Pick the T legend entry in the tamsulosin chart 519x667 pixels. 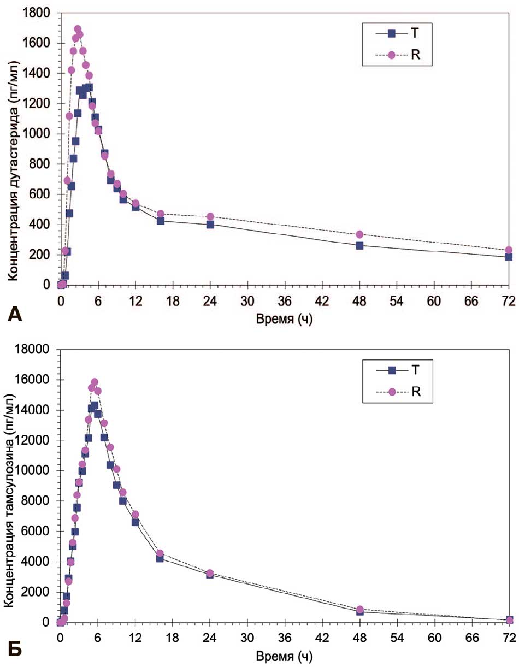tap(415, 370)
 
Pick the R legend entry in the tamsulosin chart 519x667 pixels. tap(415, 391)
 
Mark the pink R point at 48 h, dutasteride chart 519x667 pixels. tap(359, 234)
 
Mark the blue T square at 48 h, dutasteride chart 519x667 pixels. tap(359, 245)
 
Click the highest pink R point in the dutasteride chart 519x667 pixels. tap(78, 29)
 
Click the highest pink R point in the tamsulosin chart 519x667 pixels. tap(95, 382)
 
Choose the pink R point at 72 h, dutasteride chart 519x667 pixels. tap(509, 250)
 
